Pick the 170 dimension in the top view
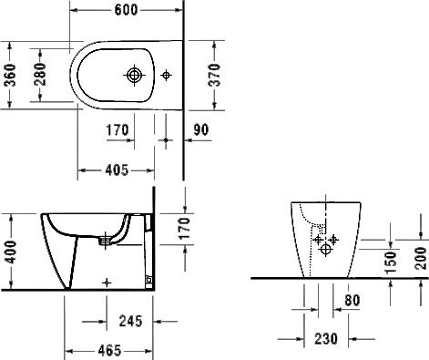(x=117, y=129)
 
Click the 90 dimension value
(x=201, y=129)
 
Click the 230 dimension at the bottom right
(x=326, y=339)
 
